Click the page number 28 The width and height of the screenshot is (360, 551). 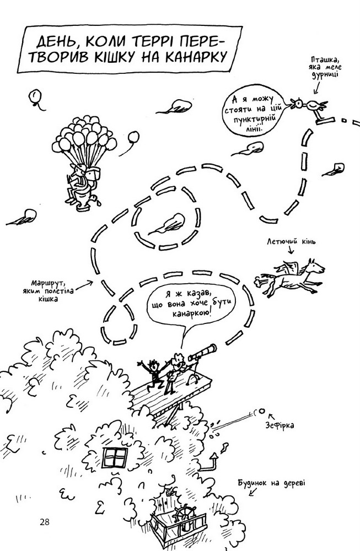click(x=45, y=522)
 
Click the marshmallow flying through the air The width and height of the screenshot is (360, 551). click(x=262, y=410)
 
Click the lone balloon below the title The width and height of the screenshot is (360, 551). click(x=36, y=98)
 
